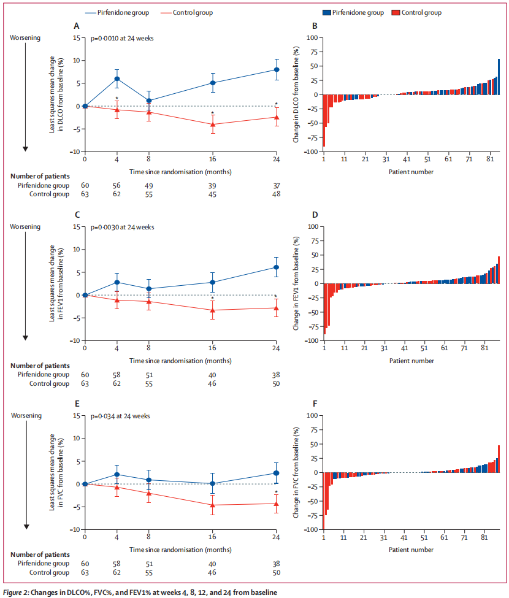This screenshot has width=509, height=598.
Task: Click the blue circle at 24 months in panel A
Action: tap(277, 69)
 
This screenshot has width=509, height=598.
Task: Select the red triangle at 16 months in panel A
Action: tap(213, 125)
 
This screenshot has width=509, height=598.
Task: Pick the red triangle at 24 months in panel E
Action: tap(277, 504)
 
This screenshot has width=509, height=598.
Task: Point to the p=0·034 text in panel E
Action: tap(115, 416)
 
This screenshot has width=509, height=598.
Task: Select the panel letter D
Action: tap(315, 215)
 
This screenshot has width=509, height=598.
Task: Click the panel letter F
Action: tap(315, 404)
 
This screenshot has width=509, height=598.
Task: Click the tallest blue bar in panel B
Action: tap(499, 77)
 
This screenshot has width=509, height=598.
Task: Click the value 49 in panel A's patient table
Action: tap(149, 185)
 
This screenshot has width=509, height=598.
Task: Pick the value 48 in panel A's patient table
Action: tap(277, 194)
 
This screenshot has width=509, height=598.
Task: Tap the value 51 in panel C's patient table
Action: tap(149, 374)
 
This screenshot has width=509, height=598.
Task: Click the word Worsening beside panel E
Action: tap(26, 415)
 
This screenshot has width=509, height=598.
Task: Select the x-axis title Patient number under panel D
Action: tap(411, 361)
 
